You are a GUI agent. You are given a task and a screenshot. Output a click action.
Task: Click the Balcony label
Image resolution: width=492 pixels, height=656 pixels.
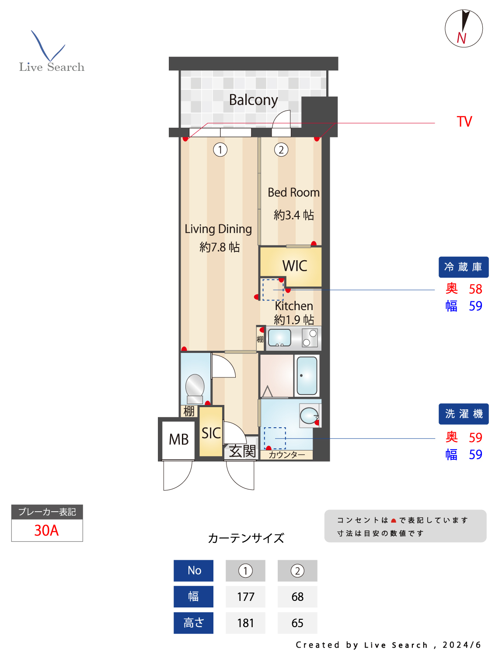(253, 100)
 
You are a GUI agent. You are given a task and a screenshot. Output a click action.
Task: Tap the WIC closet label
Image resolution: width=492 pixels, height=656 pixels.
(294, 266)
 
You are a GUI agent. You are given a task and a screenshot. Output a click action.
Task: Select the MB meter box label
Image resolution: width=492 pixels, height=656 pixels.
(178, 440)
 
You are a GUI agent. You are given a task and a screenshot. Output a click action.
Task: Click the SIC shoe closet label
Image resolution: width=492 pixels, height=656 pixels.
(211, 433)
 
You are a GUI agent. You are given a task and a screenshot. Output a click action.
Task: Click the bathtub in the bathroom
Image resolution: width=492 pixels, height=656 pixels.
(307, 376)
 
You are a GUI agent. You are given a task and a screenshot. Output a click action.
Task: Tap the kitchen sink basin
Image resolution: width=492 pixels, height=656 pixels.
(279, 338)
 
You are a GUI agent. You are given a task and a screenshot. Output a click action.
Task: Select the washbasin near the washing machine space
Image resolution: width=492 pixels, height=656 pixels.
(309, 415)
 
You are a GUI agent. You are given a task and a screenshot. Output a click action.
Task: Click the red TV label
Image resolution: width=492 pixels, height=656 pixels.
(464, 122)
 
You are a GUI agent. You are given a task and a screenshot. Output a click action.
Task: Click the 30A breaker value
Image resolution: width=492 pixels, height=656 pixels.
(46, 530)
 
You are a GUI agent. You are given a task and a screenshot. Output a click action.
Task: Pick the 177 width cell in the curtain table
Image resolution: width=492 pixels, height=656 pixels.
(245, 597)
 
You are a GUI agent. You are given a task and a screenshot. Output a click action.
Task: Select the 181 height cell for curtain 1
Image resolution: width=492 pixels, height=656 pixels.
(245, 623)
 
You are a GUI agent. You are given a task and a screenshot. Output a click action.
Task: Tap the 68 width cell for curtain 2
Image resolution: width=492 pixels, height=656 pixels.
(297, 597)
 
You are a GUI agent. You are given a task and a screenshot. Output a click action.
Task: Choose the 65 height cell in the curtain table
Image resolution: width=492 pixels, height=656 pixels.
(297, 623)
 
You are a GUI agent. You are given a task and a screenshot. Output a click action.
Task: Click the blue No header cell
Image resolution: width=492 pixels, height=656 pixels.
(194, 571)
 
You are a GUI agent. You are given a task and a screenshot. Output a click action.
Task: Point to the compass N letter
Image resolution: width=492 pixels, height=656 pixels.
(461, 38)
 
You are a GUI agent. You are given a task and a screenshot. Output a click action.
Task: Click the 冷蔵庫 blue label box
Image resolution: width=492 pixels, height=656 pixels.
(463, 267)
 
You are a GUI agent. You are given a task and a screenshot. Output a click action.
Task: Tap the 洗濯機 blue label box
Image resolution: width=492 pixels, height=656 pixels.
(464, 414)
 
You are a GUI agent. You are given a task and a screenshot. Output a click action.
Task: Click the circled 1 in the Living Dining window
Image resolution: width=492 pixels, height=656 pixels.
(220, 150)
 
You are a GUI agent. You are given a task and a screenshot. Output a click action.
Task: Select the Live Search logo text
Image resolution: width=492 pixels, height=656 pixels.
(52, 67)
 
